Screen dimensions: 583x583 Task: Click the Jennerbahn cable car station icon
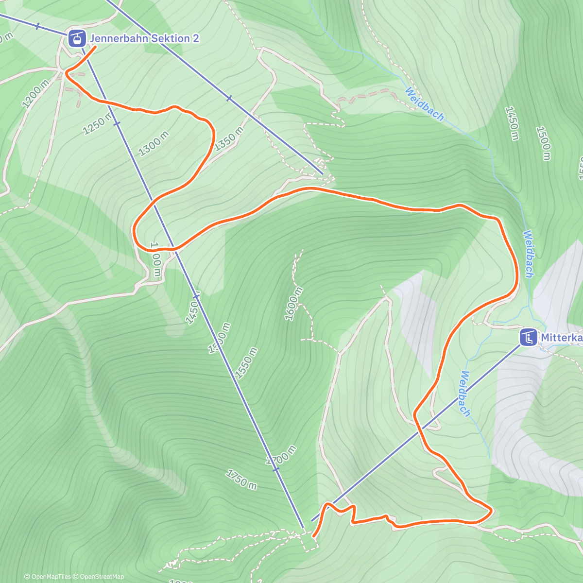tap(75, 38)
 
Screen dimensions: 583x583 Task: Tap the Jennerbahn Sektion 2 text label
tap(144, 38)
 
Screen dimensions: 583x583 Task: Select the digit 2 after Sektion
tap(196, 38)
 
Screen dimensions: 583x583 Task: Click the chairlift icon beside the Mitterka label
tap(528, 337)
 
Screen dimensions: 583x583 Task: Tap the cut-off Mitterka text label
tap(562, 338)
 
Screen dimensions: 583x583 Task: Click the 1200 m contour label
tap(35, 93)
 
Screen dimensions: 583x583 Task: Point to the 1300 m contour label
tap(154, 144)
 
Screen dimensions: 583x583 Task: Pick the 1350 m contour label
tap(228, 138)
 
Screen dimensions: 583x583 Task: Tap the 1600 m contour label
tap(293, 304)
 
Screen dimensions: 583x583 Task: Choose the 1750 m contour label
tap(241, 480)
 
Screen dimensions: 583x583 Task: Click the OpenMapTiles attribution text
tap(48, 577)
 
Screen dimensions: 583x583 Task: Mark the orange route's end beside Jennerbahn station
tap(94, 47)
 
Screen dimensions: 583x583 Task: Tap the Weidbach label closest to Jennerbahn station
tap(424, 103)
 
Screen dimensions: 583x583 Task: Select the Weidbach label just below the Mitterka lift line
tap(465, 394)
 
